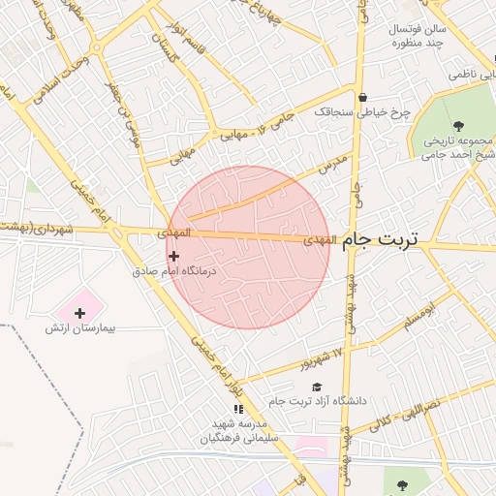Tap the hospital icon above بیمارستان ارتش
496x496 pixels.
79,312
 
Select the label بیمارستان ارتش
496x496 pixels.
80,329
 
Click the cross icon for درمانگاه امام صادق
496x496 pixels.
173,256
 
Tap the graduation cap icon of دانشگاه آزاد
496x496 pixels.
317,387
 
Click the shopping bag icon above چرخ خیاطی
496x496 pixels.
362,97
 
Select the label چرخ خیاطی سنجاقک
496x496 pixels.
362,112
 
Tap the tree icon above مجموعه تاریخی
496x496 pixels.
458,126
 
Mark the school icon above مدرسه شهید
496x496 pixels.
238,419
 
